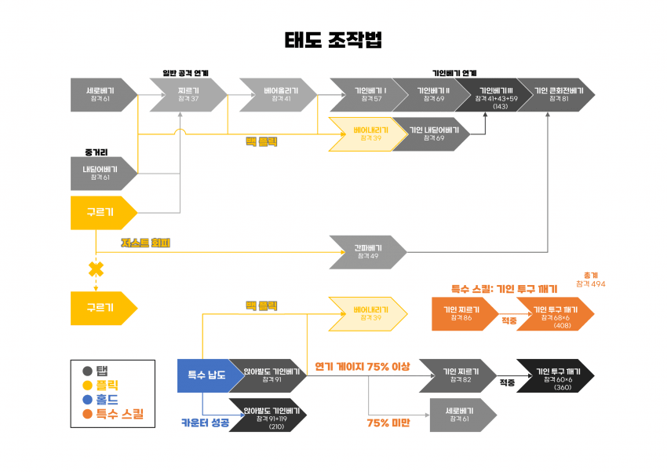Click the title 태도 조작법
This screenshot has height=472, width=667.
point(333,41)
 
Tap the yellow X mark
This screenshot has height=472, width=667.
point(96,269)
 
